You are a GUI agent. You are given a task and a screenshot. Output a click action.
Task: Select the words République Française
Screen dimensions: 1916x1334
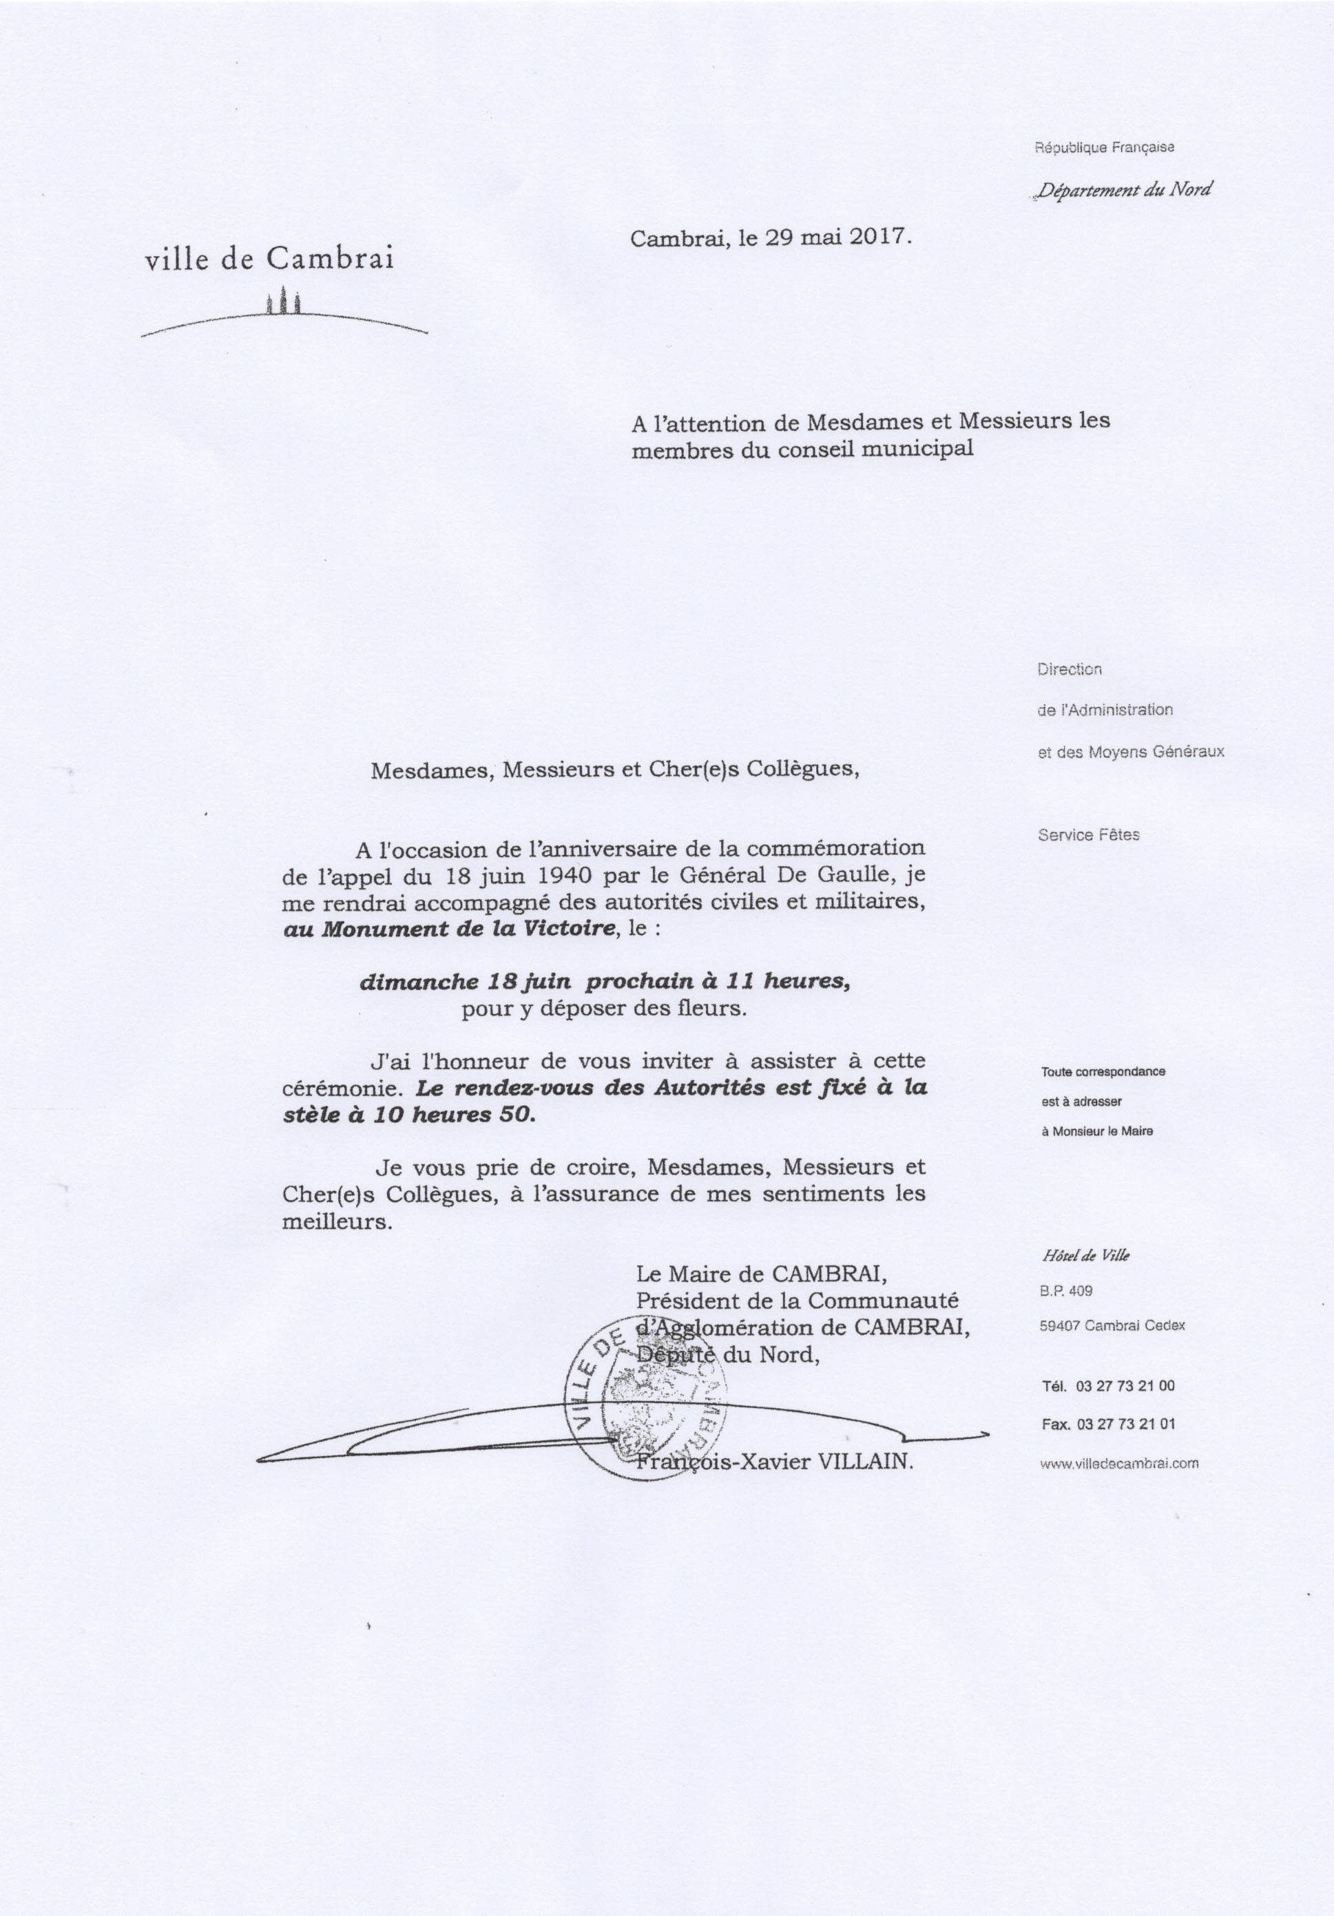click(x=1105, y=148)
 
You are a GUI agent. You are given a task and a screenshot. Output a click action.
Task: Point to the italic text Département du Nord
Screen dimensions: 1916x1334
click(x=1123, y=189)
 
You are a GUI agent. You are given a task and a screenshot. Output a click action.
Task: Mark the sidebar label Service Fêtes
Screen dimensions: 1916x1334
click(x=1089, y=834)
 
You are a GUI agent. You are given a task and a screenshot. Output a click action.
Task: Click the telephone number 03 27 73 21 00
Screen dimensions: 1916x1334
click(x=1125, y=1386)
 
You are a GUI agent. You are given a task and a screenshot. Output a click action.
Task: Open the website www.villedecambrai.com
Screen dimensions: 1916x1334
click(x=1119, y=1463)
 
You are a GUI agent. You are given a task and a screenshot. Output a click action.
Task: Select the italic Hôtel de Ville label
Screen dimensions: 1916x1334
click(x=1085, y=1256)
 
